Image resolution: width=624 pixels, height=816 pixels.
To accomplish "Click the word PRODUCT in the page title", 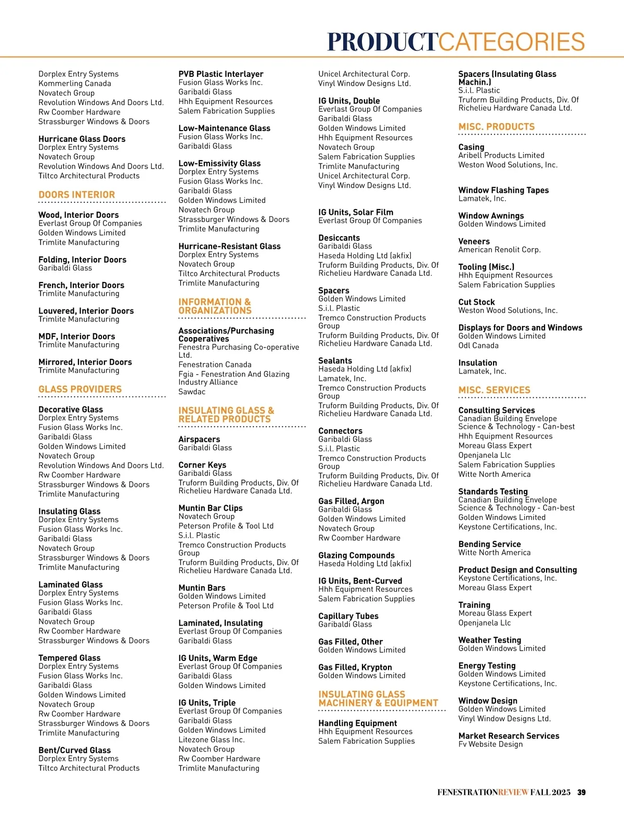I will pyautogui.click(x=383, y=41).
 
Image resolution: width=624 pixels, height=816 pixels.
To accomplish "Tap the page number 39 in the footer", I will pyautogui.click(x=581, y=792).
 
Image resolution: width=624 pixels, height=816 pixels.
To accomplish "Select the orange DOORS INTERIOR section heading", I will pyautogui.click(x=76, y=195).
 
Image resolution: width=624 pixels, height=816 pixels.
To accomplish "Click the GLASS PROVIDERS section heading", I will pyautogui.click(x=80, y=389).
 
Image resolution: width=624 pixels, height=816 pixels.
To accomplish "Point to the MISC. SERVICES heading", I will pyautogui.click(x=494, y=390).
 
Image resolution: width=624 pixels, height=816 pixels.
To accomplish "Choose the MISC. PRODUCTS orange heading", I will pyautogui.click(x=496, y=127).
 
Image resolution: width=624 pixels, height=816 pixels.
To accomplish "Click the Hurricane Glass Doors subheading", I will pyautogui.click(x=82, y=139).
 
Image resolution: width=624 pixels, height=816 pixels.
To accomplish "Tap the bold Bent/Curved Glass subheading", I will pyautogui.click(x=74, y=750).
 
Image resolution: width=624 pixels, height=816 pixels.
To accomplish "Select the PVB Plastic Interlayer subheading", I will pyautogui.click(x=220, y=74).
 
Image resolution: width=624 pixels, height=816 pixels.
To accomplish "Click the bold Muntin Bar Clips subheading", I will pyautogui.click(x=210, y=508).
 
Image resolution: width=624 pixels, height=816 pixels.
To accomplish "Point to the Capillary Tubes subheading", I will pyautogui.click(x=348, y=616).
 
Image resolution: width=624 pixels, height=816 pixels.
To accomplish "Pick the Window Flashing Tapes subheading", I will pyautogui.click(x=503, y=190).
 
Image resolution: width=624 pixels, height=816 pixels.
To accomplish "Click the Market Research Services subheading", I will pyautogui.click(x=509, y=736).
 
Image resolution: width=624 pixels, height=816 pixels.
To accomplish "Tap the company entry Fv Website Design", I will pyautogui.click(x=490, y=744).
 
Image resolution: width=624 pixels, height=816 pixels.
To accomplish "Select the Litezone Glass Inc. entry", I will pyautogui.click(x=211, y=740).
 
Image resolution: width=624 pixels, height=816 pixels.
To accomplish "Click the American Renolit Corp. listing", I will pyautogui.click(x=499, y=250).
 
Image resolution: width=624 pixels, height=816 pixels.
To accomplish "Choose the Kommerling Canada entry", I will pyautogui.click(x=74, y=83).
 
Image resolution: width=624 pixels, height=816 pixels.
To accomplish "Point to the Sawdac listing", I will pyautogui.click(x=192, y=392).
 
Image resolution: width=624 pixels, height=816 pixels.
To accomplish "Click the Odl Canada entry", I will pyautogui.click(x=478, y=345).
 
